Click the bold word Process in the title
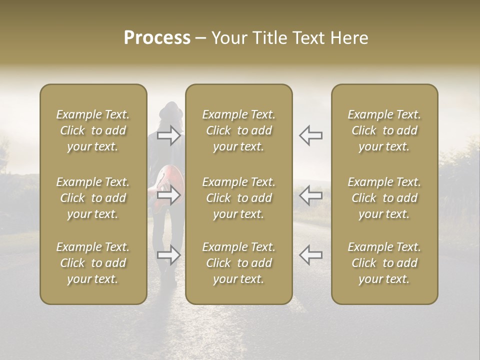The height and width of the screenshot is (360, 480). point(157,38)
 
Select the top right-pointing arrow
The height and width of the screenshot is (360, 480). point(169,135)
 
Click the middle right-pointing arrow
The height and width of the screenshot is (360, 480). point(169,195)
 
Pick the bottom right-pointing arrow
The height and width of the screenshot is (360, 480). point(169,255)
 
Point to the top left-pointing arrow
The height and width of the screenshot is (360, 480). point(310,135)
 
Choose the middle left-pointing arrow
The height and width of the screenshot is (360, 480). point(310,195)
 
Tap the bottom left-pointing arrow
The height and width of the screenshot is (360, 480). point(310,255)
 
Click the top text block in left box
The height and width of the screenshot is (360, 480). point(93,130)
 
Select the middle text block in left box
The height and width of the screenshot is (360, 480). point(93,198)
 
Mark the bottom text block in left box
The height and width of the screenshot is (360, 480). point(93,263)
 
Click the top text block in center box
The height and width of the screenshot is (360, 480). point(238,130)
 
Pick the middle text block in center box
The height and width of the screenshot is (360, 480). point(238,198)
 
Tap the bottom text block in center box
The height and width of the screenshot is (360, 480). point(238,263)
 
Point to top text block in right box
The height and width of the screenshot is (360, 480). point(384,130)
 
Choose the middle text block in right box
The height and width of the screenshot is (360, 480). point(384,198)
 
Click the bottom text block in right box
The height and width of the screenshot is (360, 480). point(384,263)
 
